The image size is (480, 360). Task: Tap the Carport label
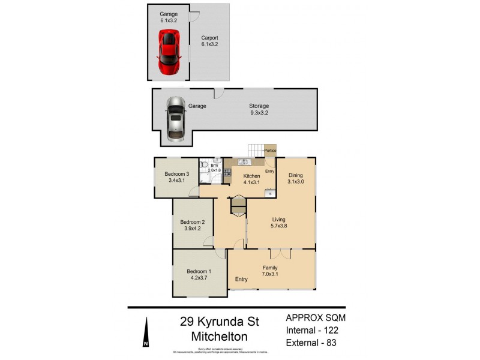[209, 40]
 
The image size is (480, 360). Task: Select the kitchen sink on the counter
[244, 162]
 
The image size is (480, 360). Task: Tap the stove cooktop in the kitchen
[227, 171]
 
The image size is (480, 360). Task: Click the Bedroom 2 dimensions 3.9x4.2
[189, 228]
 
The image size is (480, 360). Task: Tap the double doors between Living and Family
[280, 254]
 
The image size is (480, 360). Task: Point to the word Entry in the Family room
[241, 280]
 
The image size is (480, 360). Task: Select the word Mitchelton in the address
[218, 337]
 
